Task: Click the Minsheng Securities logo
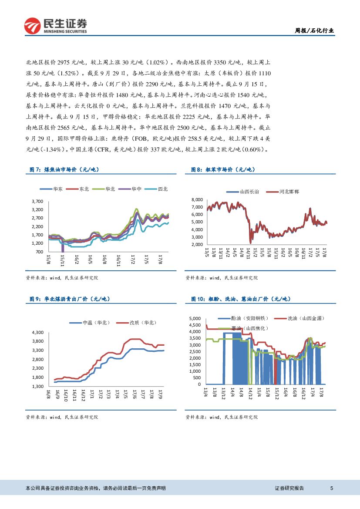[x=55, y=26]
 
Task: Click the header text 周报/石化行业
[x=315, y=30]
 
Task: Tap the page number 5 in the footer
[x=332, y=488]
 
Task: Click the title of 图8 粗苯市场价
[x=223, y=170]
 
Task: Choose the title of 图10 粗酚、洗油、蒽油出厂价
[x=241, y=299]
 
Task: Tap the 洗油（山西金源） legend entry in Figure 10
[x=305, y=319]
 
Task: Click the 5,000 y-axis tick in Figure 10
[x=195, y=319]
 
